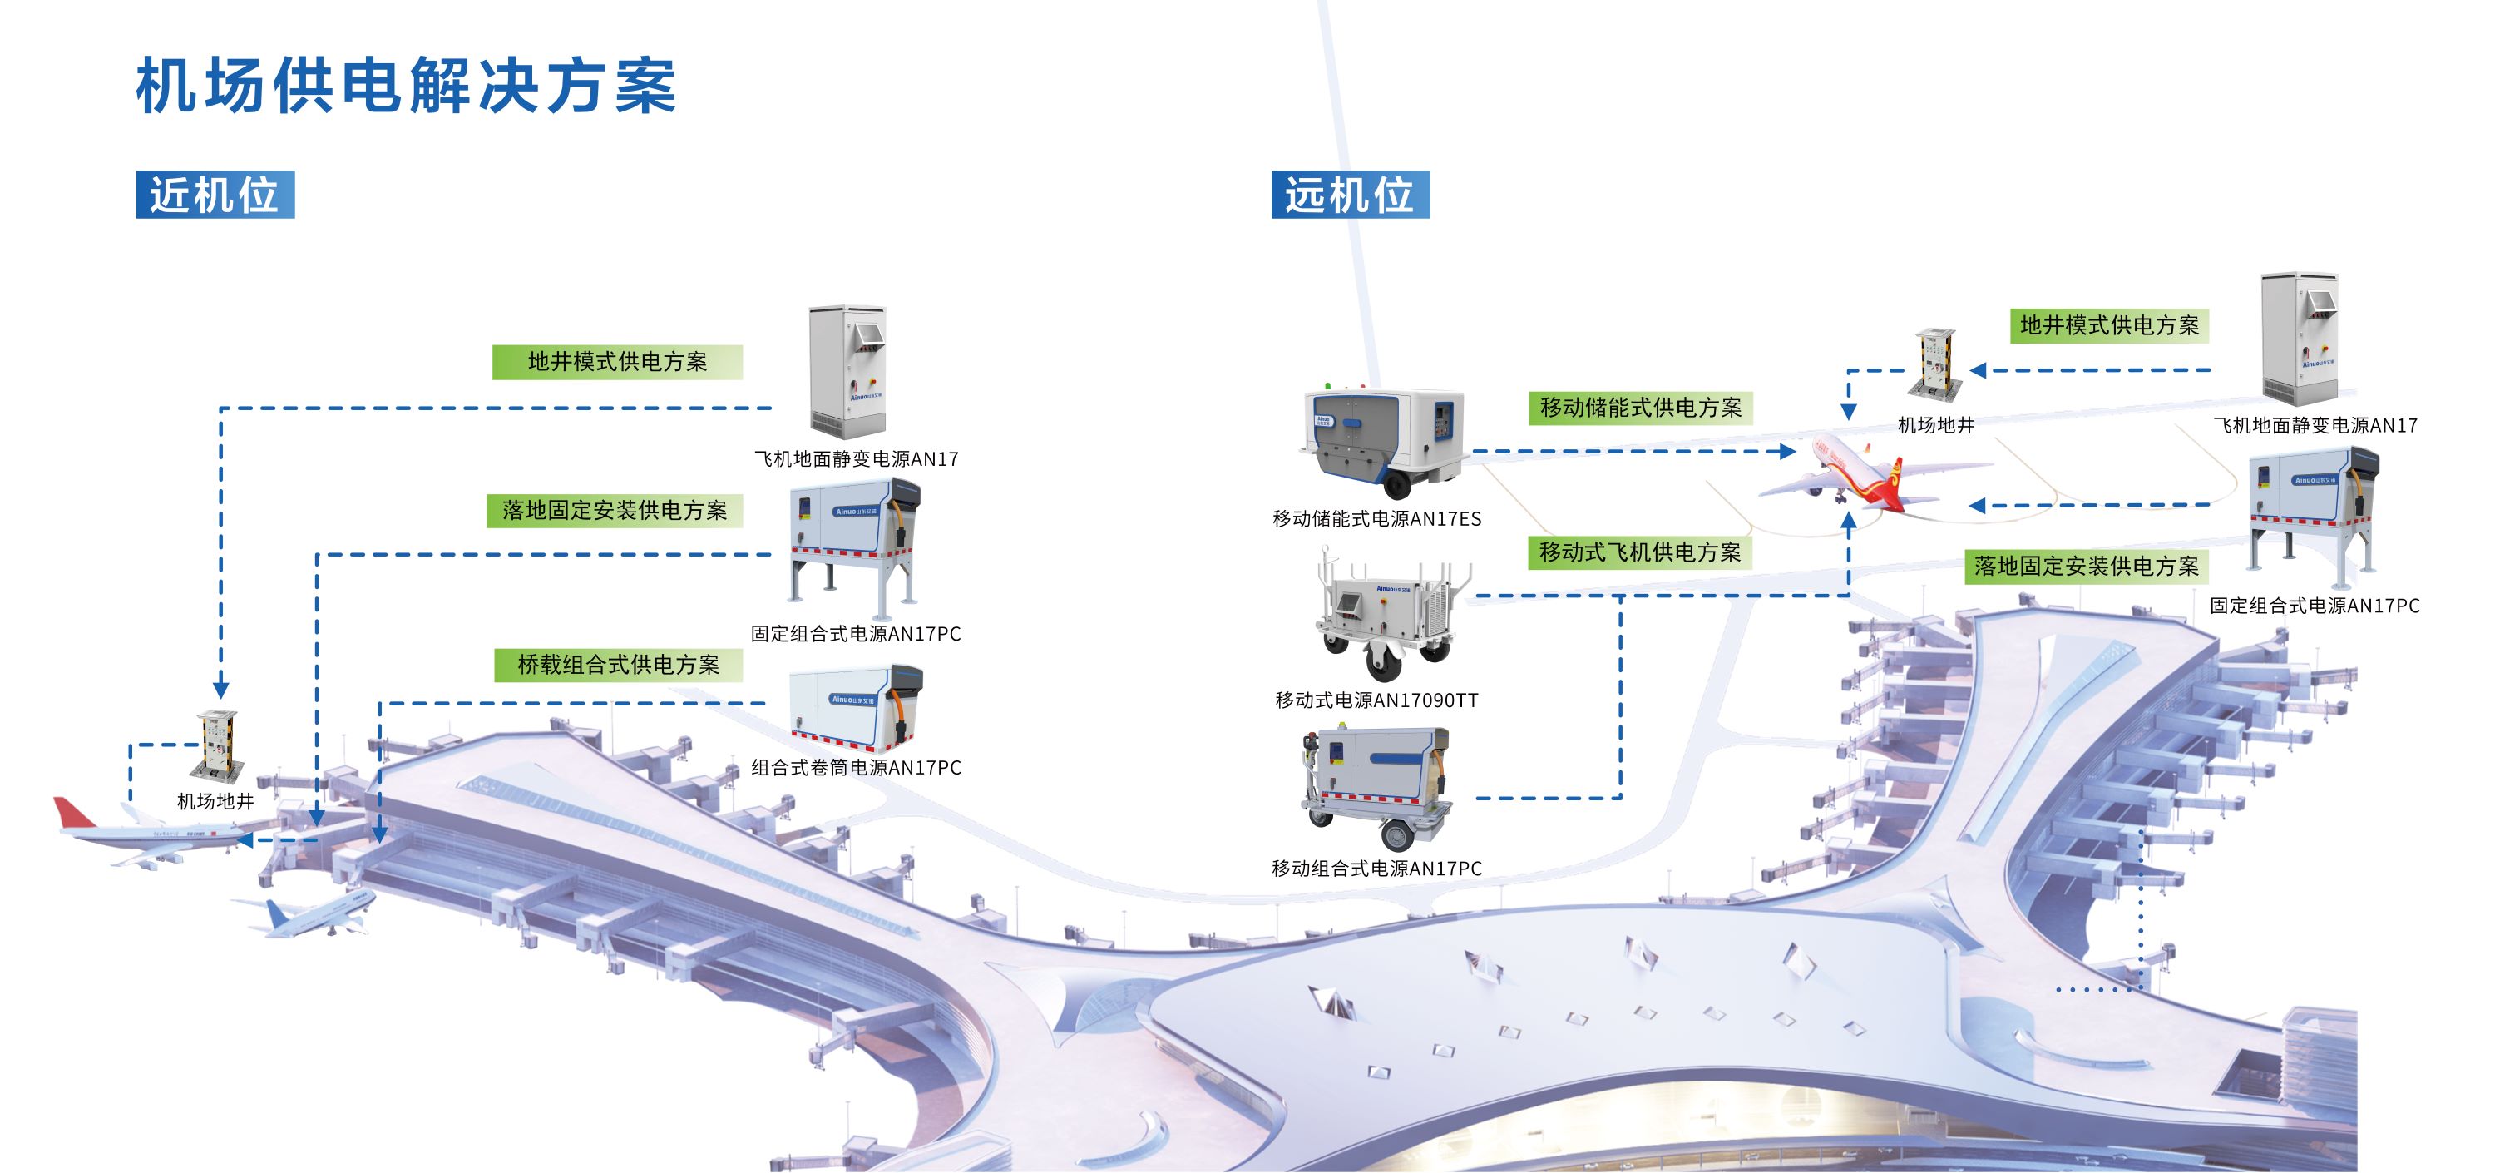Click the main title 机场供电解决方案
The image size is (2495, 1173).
click(406, 87)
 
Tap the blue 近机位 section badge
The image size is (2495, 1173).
click(215, 195)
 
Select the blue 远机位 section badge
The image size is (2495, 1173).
click(1350, 195)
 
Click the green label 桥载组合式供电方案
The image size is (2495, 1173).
click(618, 666)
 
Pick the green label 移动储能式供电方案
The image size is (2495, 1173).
click(1641, 408)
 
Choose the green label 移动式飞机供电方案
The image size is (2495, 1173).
click(1640, 552)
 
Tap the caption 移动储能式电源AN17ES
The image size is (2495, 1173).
click(1376, 519)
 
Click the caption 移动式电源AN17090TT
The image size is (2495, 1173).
click(1376, 700)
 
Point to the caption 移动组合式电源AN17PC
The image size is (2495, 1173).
click(1376, 869)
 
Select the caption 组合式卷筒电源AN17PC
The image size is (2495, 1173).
click(857, 768)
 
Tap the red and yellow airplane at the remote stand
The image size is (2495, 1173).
click(1845, 478)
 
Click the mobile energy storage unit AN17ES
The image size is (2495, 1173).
click(1383, 442)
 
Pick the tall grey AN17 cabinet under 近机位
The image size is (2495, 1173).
click(847, 373)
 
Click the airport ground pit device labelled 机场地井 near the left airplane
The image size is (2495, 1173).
click(218, 745)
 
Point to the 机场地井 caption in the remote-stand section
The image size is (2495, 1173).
click(1935, 425)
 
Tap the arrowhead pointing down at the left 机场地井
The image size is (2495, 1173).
click(221, 689)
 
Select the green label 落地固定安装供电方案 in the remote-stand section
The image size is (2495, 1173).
click(2087, 567)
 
